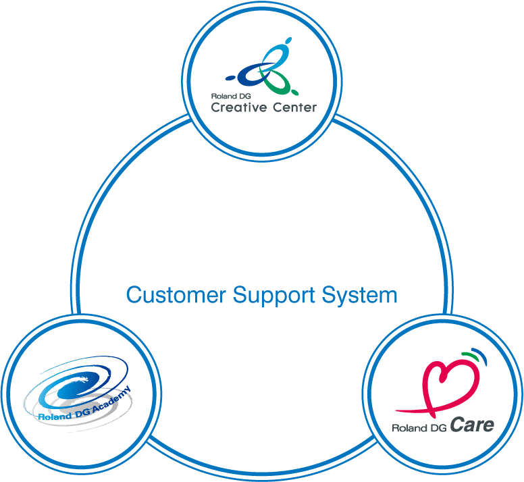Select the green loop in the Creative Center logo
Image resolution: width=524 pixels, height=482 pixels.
tap(282, 84)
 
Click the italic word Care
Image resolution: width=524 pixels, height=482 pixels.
tap(472, 425)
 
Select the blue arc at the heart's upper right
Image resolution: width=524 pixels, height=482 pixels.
tap(481, 358)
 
